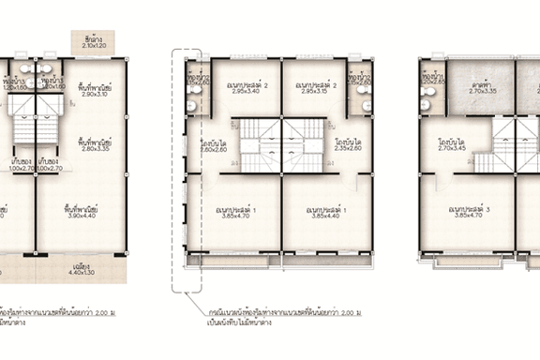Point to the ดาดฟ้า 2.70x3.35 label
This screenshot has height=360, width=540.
pyautogui.click(x=481, y=88)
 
